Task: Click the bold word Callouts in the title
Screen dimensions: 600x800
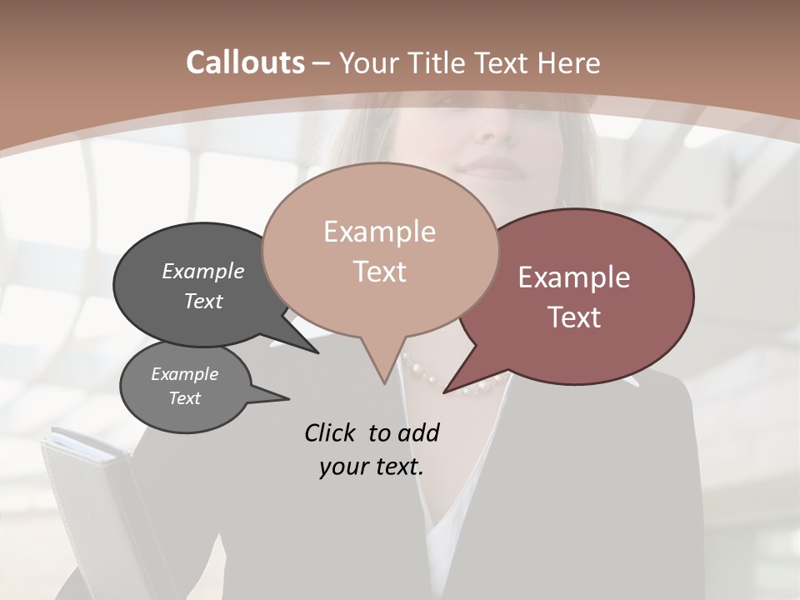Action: [x=245, y=62]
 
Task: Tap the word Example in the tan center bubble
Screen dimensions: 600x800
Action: [x=379, y=232]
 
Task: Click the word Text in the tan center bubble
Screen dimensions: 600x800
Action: [x=379, y=272]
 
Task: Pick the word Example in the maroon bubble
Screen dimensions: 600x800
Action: [x=574, y=277]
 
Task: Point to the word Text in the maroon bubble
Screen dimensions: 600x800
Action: [x=574, y=317]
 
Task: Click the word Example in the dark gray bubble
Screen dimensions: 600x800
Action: [x=203, y=271]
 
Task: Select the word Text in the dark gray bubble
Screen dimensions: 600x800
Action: [x=203, y=301]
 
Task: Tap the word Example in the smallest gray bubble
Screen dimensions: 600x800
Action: [x=185, y=374]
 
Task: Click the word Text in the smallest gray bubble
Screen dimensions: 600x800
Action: [x=185, y=398]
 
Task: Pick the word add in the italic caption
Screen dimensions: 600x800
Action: [x=418, y=432]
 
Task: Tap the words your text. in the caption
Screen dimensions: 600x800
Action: [x=371, y=467]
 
